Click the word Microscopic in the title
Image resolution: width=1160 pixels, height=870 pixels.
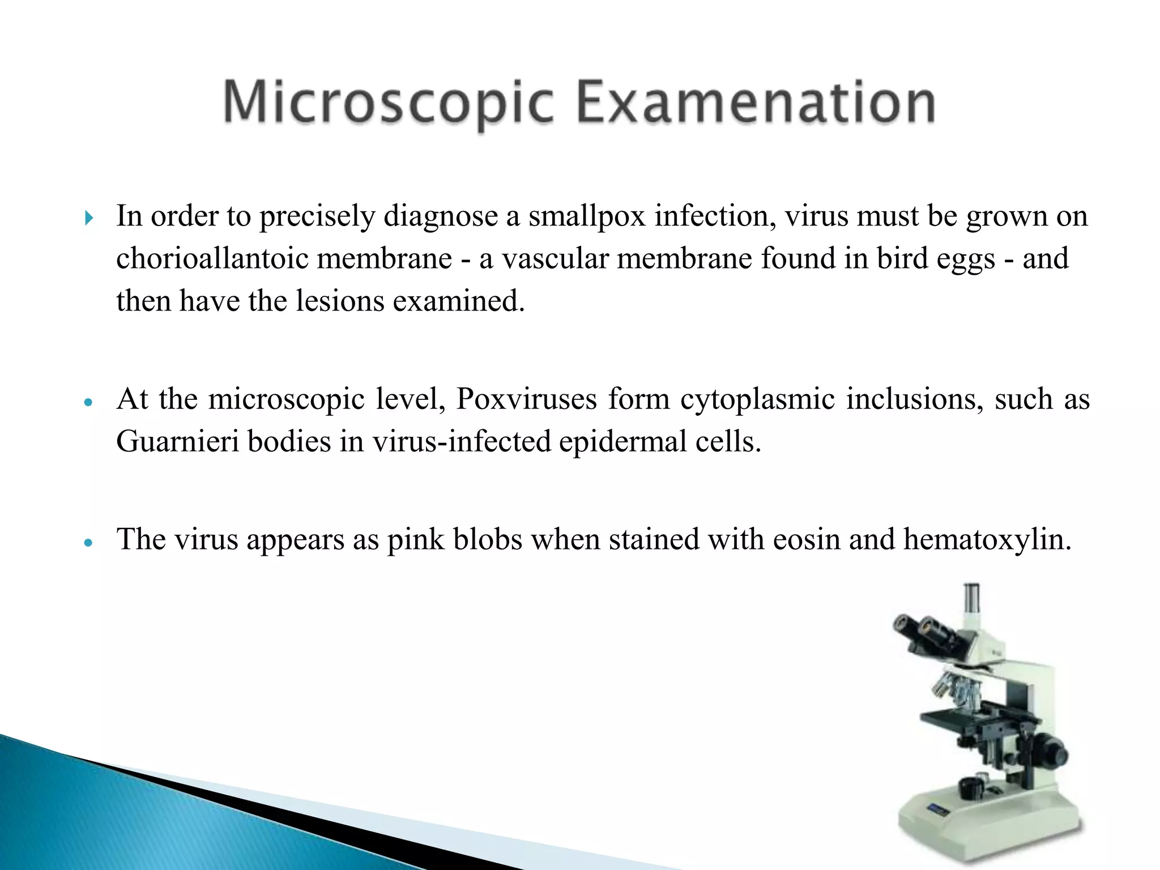pos(387,103)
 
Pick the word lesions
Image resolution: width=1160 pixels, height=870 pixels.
pos(339,301)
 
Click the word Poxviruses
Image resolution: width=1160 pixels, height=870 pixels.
pos(526,399)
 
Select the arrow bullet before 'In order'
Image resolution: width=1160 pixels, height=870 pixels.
pos(88,217)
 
